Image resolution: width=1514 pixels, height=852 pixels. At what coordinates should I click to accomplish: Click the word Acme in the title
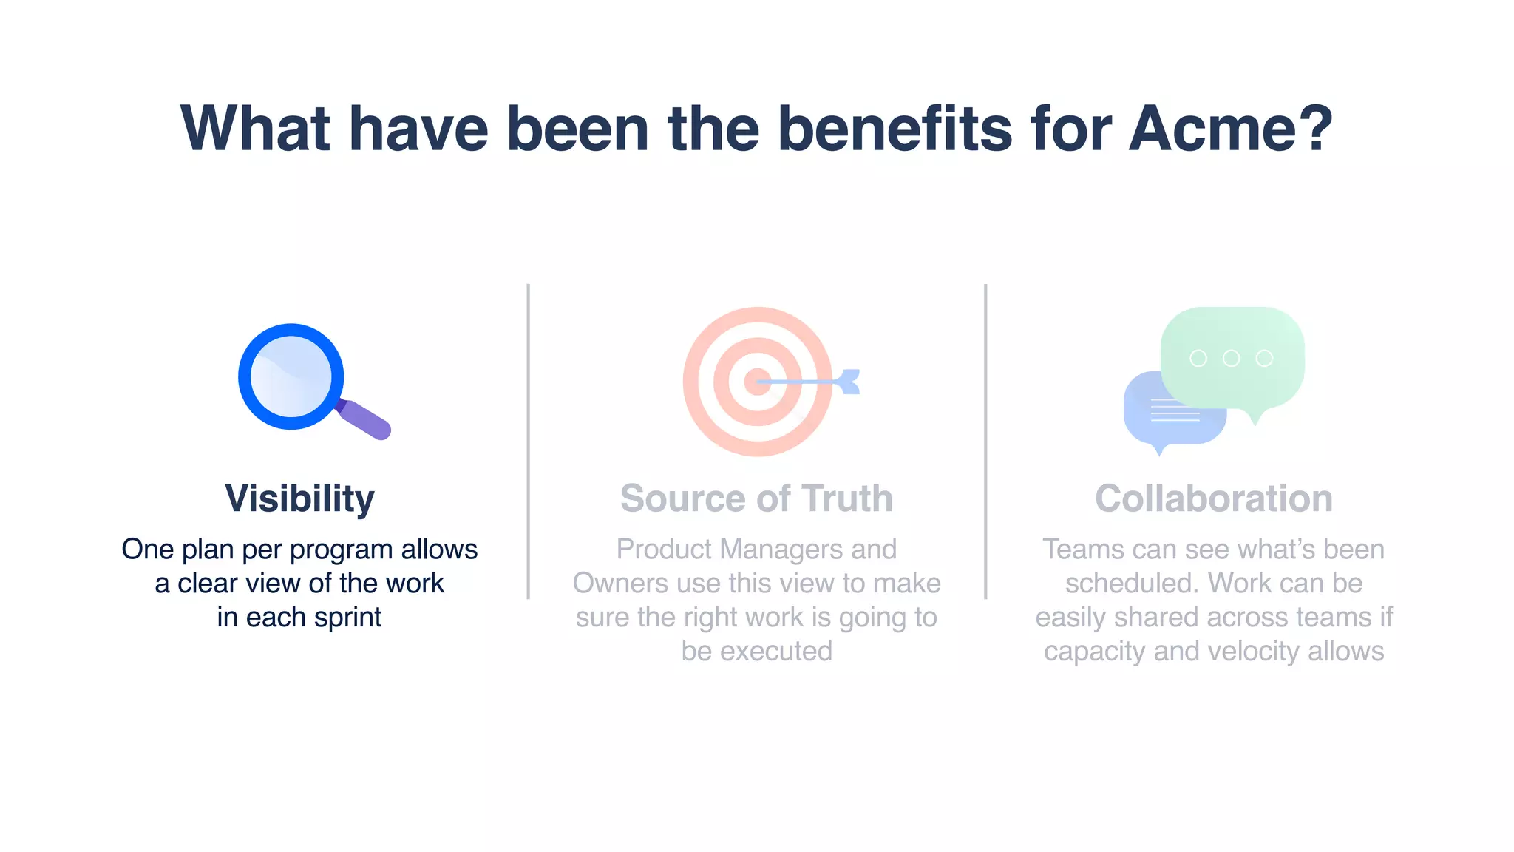(1230, 129)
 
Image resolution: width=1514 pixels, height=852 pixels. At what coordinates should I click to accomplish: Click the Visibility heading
(299, 498)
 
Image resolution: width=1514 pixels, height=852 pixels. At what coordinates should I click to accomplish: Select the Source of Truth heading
(756, 498)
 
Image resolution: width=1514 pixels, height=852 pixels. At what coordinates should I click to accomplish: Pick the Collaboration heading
(1213, 498)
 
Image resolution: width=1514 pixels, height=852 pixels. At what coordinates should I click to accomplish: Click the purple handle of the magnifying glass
(366, 420)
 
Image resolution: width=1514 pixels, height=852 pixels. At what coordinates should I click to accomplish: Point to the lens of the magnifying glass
(291, 376)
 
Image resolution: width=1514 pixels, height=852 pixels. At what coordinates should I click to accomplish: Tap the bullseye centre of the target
(756, 382)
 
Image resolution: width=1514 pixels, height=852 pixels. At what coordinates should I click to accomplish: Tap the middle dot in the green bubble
(1231, 358)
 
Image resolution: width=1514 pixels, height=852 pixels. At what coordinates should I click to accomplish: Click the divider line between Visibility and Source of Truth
(528, 441)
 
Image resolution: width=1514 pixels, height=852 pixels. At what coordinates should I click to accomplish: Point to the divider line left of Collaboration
(985, 441)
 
